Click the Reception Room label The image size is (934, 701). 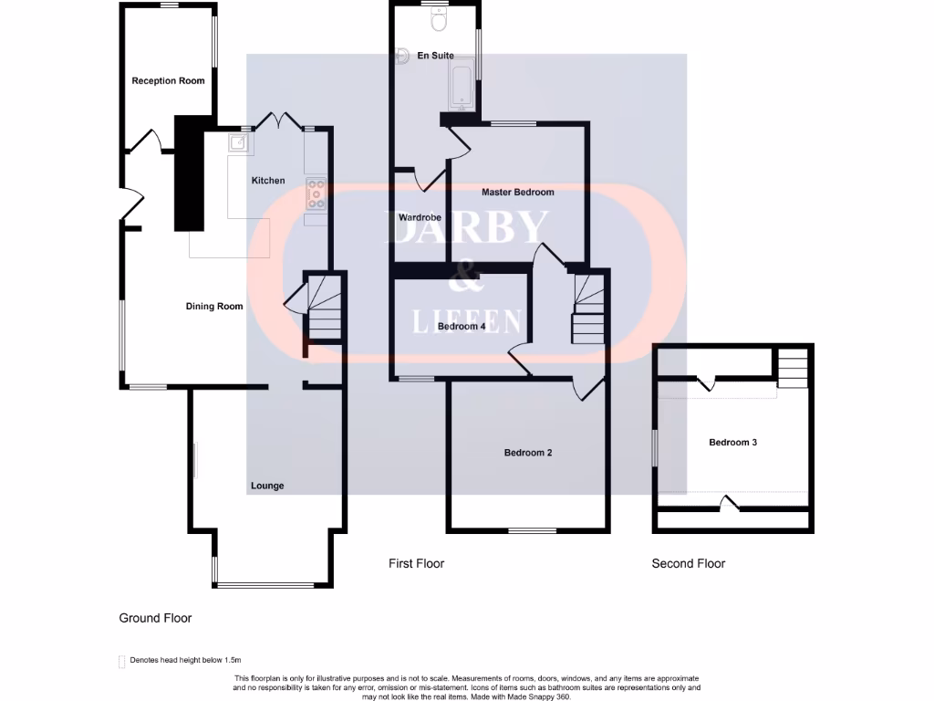point(168,81)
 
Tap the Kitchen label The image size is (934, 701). point(268,181)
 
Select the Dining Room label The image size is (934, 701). point(214,307)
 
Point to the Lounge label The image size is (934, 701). point(267,486)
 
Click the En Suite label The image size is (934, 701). point(434,56)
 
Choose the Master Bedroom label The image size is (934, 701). point(517,193)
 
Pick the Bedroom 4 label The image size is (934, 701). point(461,326)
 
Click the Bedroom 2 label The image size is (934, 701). point(529,453)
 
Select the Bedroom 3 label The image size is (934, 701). point(733,443)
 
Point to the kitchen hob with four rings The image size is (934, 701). point(317,191)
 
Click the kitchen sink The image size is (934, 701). point(236,142)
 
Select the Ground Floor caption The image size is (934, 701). point(155,618)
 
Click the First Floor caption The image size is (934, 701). point(416,563)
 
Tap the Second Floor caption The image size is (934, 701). point(688,563)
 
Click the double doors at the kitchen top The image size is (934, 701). point(278,121)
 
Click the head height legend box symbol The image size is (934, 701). point(122,661)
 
